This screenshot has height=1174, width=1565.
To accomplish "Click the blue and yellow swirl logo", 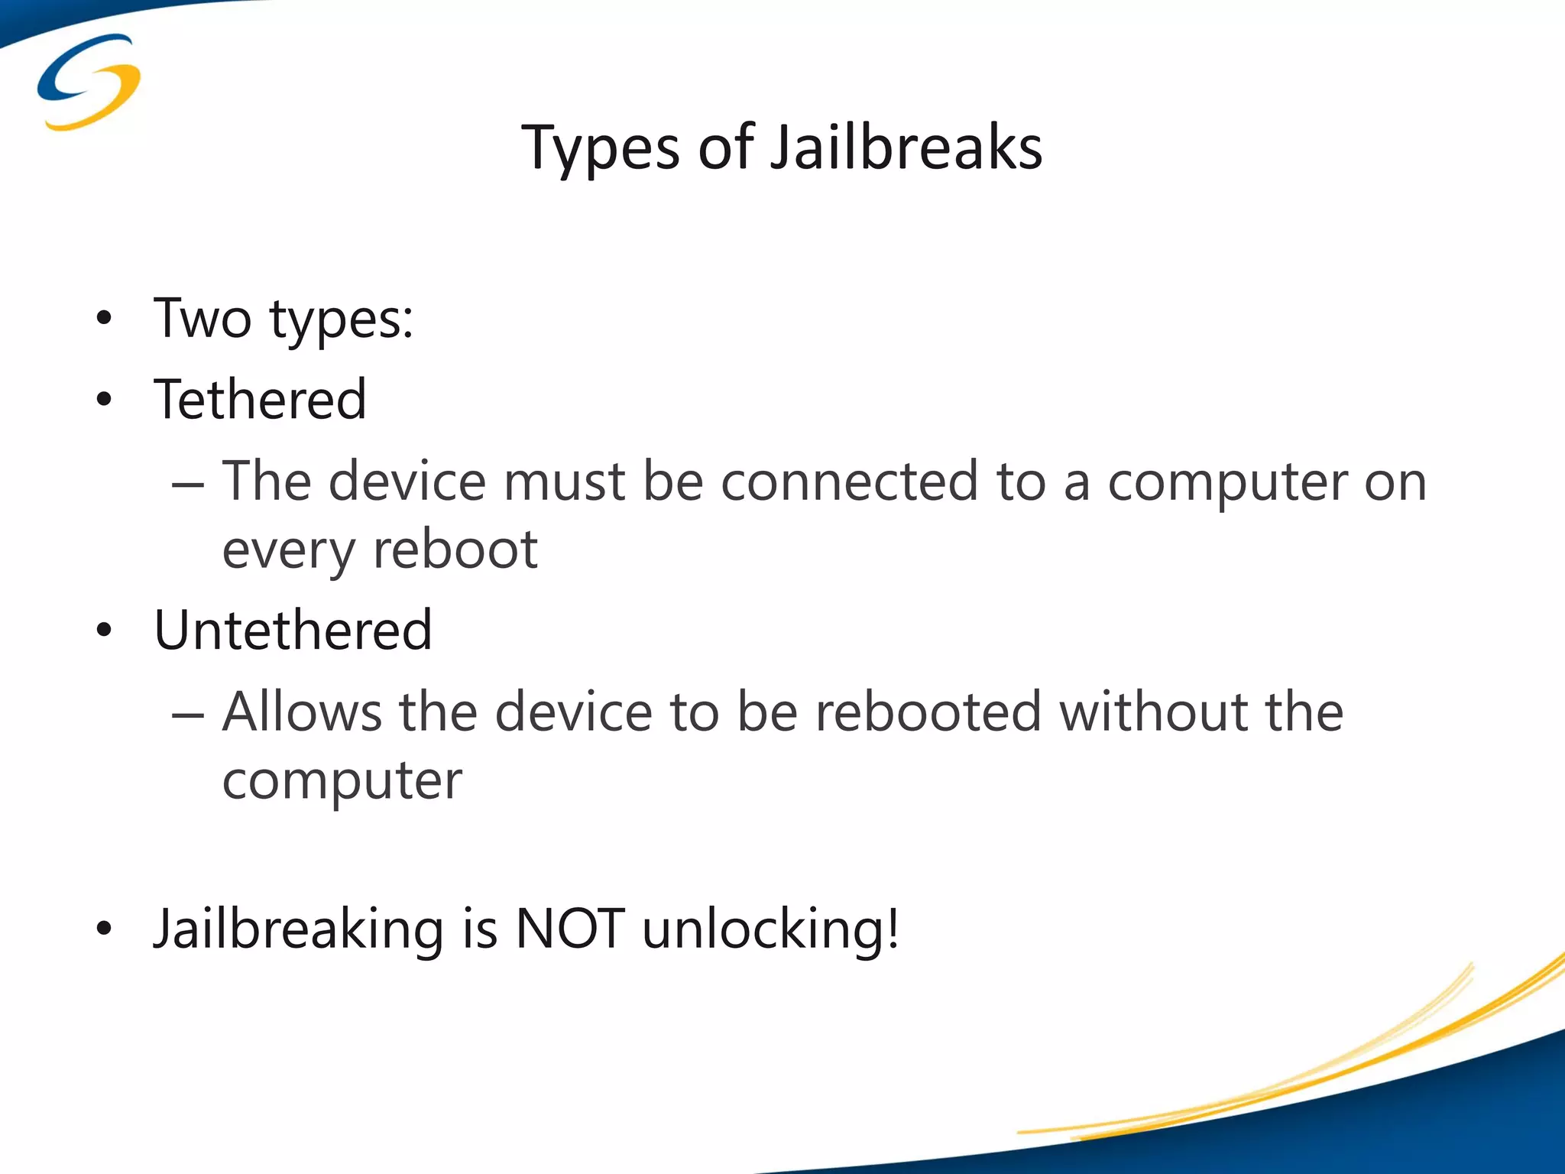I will pos(89,82).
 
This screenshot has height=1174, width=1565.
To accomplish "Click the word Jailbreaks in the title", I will pos(906,148).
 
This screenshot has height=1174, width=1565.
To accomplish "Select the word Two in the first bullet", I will pos(203,318).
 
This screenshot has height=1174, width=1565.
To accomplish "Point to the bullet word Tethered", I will pos(261,400).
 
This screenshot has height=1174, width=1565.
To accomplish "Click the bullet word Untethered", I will pos(293,631).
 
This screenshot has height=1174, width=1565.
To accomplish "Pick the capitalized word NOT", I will pos(570,929).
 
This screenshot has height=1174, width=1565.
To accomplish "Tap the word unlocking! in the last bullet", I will pos(771,931).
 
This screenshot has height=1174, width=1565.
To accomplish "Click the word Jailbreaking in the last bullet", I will pos(299,931).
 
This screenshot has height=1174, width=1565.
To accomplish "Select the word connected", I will pos(849,482).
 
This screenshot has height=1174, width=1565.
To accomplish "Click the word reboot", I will pos(455,550).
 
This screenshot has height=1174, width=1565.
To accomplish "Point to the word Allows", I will pos(302,712).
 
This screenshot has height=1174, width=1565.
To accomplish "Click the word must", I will pos(564,483).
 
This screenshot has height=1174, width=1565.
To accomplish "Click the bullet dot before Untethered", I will pos(105,631).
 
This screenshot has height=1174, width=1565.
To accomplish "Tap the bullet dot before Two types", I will pos(105,318).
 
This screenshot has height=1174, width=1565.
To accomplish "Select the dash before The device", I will pos(188,485).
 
